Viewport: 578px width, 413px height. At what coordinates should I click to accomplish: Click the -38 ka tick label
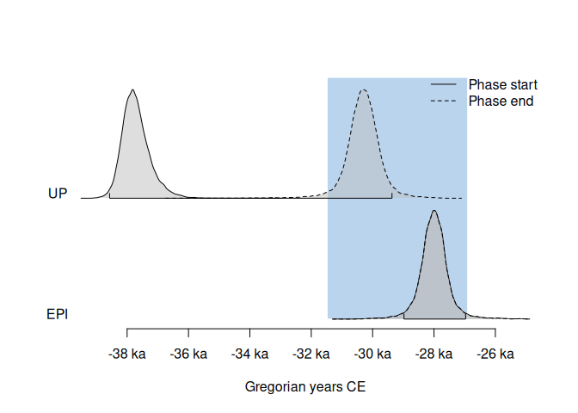tap(127, 354)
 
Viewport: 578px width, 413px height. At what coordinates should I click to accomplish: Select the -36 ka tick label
tap(188, 354)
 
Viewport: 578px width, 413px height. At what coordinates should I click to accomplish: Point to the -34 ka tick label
tap(250, 354)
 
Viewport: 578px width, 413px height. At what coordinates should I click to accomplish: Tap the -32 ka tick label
tap(311, 354)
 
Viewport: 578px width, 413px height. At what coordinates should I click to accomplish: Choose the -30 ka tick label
tap(372, 354)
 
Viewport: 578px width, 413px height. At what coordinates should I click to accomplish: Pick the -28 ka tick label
tap(433, 354)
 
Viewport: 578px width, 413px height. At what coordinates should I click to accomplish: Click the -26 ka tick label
tap(495, 354)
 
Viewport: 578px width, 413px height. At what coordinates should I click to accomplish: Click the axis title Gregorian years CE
tap(305, 387)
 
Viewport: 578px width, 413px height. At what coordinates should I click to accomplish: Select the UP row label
tap(58, 194)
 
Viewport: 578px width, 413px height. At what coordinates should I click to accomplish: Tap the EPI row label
tap(57, 314)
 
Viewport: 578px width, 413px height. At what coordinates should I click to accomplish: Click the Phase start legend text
tap(502, 85)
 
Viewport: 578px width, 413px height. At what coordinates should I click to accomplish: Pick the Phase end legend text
tap(501, 101)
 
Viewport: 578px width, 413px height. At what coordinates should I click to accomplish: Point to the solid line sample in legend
tap(443, 85)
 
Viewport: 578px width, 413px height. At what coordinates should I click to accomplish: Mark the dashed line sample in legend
tap(443, 101)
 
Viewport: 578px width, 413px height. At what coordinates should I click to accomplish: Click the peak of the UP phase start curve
tap(132, 89)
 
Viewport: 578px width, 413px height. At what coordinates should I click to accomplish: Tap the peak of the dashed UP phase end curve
tap(364, 89)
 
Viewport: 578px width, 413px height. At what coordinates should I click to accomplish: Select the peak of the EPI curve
tap(434, 211)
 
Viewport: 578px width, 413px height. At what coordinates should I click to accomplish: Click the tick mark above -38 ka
tap(127, 333)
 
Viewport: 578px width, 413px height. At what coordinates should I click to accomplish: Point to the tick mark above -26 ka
tap(495, 333)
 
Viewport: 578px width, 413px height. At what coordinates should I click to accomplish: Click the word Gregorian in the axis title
tap(272, 387)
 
